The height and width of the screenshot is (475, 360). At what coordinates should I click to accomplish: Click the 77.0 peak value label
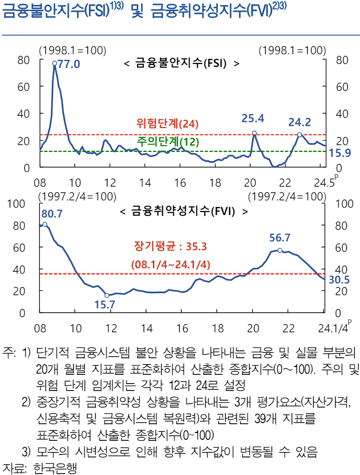pos(69,64)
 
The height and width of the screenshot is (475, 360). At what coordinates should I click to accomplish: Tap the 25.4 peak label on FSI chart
pos(253,119)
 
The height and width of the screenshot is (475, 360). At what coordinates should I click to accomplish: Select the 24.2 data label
pos(299,123)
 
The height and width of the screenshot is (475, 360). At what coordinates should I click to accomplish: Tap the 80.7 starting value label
pos(52,214)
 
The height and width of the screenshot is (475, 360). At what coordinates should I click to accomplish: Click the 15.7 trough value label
pos(104,305)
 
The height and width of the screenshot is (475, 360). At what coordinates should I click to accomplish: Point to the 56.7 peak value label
pos(280,238)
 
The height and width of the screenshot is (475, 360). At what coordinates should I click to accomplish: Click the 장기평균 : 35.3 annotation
pos(170,246)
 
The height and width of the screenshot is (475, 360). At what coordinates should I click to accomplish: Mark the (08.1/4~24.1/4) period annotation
pos(170,264)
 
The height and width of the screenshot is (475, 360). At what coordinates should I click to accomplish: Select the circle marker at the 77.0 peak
pos(54,63)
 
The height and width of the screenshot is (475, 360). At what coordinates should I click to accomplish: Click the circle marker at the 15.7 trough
pos(107,295)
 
